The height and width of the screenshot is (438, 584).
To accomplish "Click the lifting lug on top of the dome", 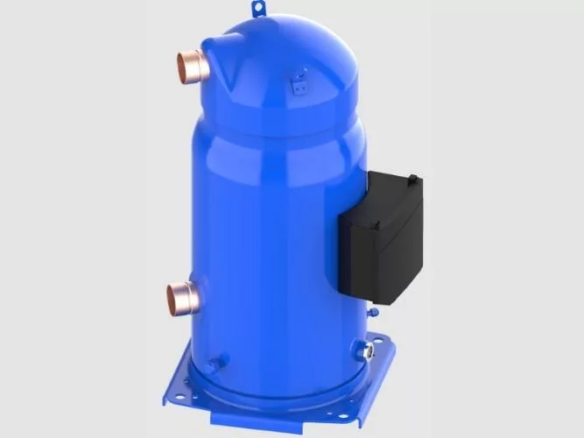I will coord(258,10).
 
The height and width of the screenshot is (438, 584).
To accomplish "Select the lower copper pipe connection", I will coord(185,295).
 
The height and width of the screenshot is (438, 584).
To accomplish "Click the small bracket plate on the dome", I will coord(299,84).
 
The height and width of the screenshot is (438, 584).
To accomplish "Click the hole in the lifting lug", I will coord(258,9).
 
